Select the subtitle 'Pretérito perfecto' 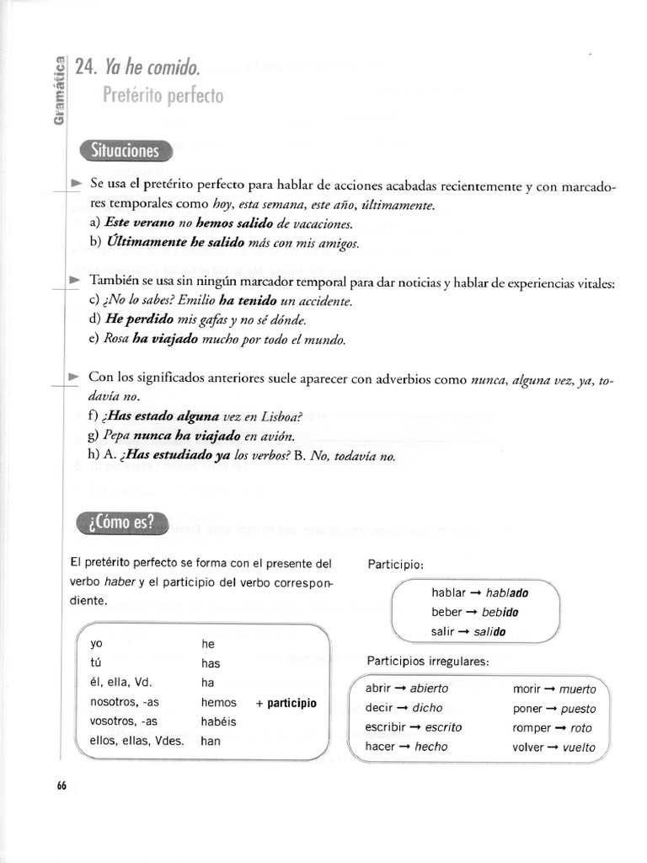[163, 96]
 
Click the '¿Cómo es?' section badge [120, 523]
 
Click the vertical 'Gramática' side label [58, 89]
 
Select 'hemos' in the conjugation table [219, 702]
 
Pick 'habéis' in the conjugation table [219, 721]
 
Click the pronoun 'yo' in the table [96, 644]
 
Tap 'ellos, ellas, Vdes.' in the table [136, 742]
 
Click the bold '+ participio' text [286, 702]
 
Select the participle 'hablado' [507, 592]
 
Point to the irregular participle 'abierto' [430, 689]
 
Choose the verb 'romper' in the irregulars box [531, 728]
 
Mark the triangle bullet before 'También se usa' [75, 280]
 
